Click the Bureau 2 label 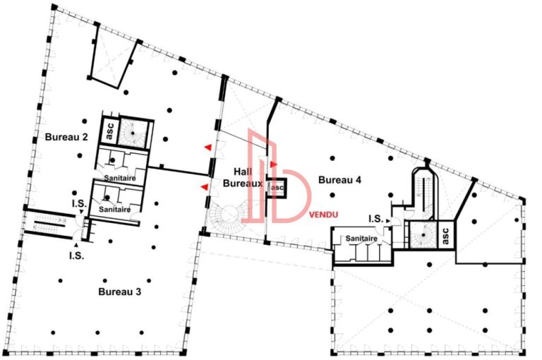pyautogui.click(x=66, y=136)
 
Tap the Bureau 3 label pyautogui.click(x=121, y=291)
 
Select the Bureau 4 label pyautogui.click(x=339, y=180)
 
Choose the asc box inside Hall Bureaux pyautogui.click(x=277, y=188)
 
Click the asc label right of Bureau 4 pyautogui.click(x=446, y=235)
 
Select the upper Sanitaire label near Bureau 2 pyautogui.click(x=119, y=179)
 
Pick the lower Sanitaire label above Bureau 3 pyautogui.click(x=114, y=210)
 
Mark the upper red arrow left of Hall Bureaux pyautogui.click(x=207, y=147)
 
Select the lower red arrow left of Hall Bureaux pyautogui.click(x=205, y=187)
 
